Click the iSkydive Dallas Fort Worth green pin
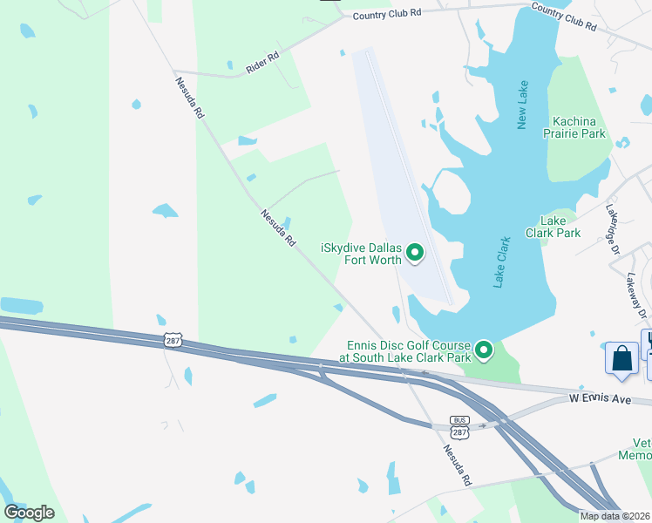click(x=415, y=254)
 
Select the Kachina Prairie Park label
click(x=580, y=127)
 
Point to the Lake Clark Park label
click(x=553, y=227)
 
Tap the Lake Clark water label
click(x=501, y=261)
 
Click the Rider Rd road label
click(x=261, y=62)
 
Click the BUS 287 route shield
click(x=459, y=425)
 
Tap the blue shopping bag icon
click(x=621, y=359)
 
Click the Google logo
click(x=29, y=512)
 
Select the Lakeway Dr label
click(x=638, y=295)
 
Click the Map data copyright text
click(x=615, y=516)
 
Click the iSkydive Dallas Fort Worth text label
click(x=361, y=254)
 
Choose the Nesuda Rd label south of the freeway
click(x=458, y=465)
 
